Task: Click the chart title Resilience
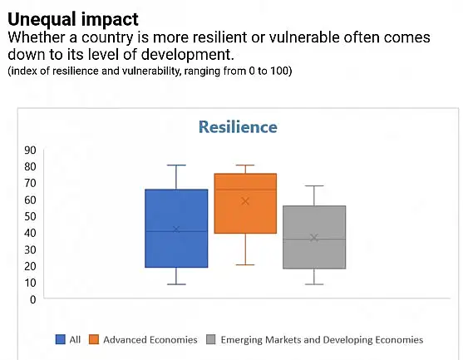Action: [238, 127]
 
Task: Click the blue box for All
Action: [176, 229]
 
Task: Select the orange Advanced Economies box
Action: [245, 204]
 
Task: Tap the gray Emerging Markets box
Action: [314, 237]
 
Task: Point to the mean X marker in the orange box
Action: [245, 201]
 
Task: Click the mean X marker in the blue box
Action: [176, 229]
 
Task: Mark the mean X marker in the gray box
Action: [314, 238]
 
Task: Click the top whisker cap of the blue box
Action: [176, 165]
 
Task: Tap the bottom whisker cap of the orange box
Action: [245, 264]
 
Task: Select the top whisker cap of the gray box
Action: [314, 185]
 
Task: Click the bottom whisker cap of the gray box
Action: [314, 284]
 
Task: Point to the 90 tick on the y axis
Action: [31, 150]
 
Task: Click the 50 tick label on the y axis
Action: [31, 216]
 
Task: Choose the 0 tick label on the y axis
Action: [32, 300]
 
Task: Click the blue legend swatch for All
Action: [60, 339]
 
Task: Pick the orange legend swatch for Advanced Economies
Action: [94, 339]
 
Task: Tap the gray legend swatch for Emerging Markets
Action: [211, 339]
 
